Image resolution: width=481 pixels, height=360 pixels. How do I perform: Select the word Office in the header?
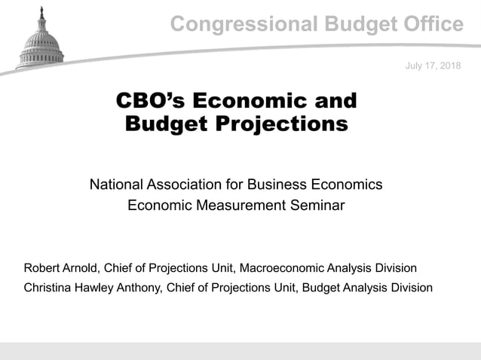click(x=426, y=25)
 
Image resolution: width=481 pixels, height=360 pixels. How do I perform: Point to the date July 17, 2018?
click(x=433, y=67)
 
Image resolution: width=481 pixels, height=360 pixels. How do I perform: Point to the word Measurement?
click(x=234, y=205)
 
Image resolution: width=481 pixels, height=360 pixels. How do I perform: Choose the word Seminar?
click(x=317, y=205)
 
